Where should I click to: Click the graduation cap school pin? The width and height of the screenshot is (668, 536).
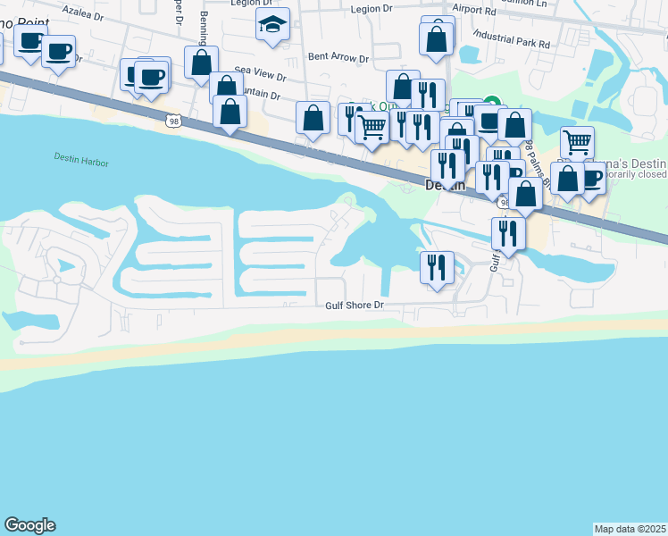click(272, 26)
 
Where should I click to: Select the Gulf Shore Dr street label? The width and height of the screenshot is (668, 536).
click(354, 306)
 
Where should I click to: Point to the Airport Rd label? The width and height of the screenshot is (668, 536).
click(473, 9)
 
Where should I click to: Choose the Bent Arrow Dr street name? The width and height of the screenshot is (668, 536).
click(338, 56)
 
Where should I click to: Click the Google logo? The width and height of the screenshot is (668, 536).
click(29, 525)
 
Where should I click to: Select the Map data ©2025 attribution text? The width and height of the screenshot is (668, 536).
click(630, 528)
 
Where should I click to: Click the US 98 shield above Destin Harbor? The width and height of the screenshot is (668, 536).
click(172, 119)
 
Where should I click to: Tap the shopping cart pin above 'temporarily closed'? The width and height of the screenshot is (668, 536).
click(577, 141)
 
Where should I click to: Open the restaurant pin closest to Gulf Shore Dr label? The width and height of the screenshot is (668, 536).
click(437, 267)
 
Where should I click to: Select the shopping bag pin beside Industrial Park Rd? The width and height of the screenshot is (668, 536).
click(437, 38)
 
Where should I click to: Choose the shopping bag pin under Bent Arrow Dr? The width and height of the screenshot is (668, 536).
click(313, 118)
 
